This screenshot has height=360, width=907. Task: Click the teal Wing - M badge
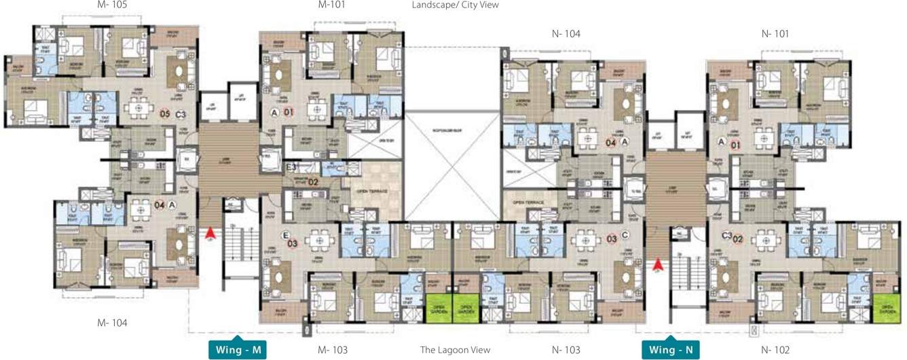[x=237, y=350]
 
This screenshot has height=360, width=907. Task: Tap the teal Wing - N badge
[x=671, y=350]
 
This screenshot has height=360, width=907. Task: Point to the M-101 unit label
[x=333, y=5]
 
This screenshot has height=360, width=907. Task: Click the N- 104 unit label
[x=566, y=33]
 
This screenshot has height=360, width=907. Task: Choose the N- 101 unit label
[x=776, y=33]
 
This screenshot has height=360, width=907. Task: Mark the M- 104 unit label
[x=112, y=323]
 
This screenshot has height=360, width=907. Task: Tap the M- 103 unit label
[x=333, y=350]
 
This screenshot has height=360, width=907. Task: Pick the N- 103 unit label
[x=566, y=350]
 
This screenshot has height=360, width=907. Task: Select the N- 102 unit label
[x=776, y=350]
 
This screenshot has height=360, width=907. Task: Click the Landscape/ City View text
[x=455, y=5]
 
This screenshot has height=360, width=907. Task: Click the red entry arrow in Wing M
[x=210, y=234]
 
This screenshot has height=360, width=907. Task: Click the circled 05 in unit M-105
[x=164, y=114]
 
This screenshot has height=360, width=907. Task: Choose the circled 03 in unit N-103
[x=612, y=238]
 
